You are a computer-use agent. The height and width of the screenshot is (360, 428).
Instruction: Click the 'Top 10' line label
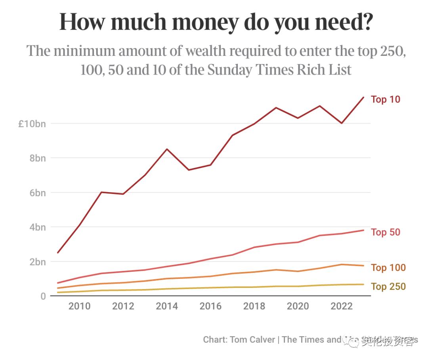[x=385, y=99]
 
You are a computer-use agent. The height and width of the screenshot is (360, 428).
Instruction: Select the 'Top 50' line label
[x=385, y=232]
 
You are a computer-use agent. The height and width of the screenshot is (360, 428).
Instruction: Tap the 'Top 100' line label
[x=388, y=268]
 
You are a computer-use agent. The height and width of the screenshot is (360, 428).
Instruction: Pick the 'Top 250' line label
[x=388, y=286]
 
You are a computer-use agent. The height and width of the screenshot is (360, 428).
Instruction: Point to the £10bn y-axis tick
[x=32, y=124]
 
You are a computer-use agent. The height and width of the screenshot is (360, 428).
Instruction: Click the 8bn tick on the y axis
[x=37, y=158]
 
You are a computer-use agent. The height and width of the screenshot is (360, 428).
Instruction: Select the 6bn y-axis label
[x=37, y=193]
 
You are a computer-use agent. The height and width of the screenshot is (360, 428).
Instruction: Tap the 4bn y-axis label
[x=37, y=227]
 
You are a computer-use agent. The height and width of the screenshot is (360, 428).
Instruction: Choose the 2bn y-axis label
[x=37, y=262]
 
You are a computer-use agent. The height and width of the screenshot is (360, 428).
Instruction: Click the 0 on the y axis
[x=42, y=296]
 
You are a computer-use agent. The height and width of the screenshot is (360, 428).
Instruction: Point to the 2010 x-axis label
[x=79, y=307]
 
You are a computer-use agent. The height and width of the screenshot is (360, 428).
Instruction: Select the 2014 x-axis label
[x=167, y=307]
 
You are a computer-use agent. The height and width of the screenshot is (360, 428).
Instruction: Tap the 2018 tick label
[x=254, y=307]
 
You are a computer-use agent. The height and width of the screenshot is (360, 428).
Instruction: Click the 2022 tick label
[x=342, y=307]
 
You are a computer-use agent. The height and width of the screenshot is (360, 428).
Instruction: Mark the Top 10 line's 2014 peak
[x=167, y=149]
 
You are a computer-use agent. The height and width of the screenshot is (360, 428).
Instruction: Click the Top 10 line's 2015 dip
[x=189, y=170]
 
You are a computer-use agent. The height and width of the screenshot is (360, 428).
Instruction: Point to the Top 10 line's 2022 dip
[x=342, y=123]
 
